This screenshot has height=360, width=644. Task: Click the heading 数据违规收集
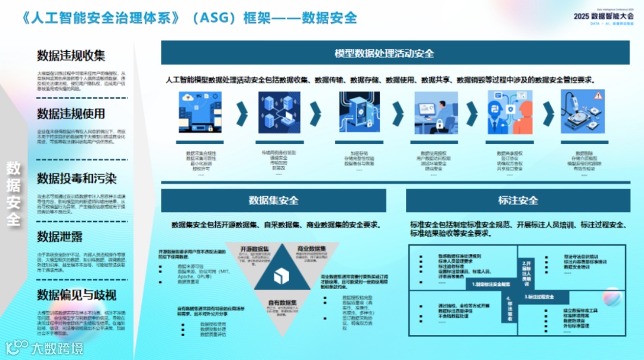pyautogui.click(x=71, y=56)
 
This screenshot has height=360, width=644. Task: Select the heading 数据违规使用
pyautogui.click(x=71, y=114)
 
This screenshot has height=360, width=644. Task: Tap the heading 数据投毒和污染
pyautogui.click(x=77, y=178)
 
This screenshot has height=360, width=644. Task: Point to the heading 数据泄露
pyautogui.click(x=60, y=237)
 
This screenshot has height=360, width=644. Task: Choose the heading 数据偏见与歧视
pyautogui.click(x=77, y=294)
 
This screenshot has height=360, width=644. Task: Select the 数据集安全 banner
pyautogui.click(x=274, y=200)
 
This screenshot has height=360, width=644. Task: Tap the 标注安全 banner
pyautogui.click(x=518, y=200)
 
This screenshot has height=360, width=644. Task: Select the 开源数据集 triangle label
pyautogui.click(x=254, y=249)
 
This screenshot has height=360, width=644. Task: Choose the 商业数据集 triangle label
pyautogui.click(x=310, y=249)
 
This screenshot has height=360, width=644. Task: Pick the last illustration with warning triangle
pyautogui.click(x=583, y=112)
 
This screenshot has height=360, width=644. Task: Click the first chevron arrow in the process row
pyautogui.click(x=241, y=111)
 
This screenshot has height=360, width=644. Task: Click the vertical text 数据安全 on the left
pyautogui.click(x=14, y=194)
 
